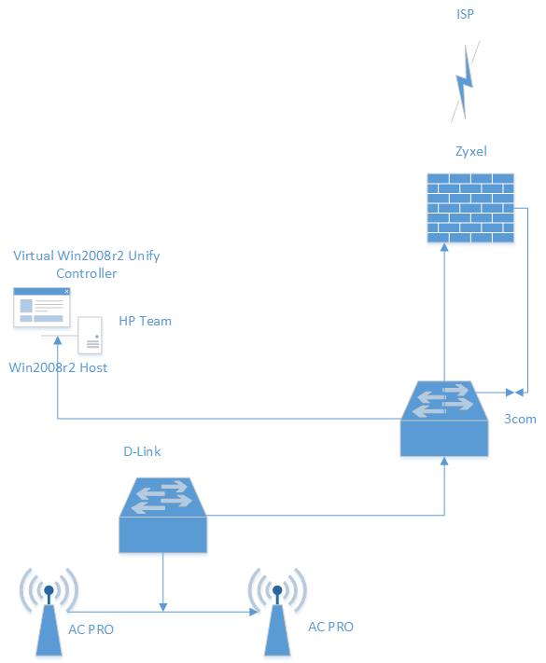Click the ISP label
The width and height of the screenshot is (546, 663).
pyautogui.click(x=465, y=14)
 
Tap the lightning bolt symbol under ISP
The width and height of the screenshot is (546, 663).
pyautogui.click(x=465, y=82)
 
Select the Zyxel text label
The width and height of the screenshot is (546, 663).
pyautogui.click(x=471, y=151)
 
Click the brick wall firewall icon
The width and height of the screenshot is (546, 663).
pyautogui.click(x=470, y=208)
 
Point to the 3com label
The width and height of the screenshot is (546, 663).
pyautogui.click(x=520, y=419)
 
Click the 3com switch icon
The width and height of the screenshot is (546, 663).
pyautogui.click(x=444, y=419)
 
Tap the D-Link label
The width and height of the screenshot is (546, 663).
pyautogui.click(x=142, y=451)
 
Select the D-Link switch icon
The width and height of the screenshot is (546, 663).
pyautogui.click(x=163, y=515)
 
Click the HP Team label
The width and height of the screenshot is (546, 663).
pyautogui.click(x=146, y=321)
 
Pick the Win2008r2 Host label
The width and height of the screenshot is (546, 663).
pyautogui.click(x=58, y=367)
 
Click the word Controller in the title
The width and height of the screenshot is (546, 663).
pyautogui.click(x=87, y=273)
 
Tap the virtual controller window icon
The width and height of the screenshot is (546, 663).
pyautogui.click(x=41, y=308)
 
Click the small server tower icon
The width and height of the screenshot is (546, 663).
pyautogui.click(x=91, y=335)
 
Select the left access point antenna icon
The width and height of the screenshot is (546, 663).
pyautogui.click(x=49, y=612)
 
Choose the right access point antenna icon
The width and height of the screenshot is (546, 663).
pyautogui.click(x=277, y=612)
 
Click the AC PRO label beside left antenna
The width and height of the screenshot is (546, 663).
pyautogui.click(x=91, y=629)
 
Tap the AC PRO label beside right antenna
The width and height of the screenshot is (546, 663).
pyautogui.click(x=330, y=627)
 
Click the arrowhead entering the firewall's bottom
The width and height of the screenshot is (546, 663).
pyautogui.click(x=444, y=247)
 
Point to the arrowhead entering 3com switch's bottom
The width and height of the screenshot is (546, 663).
pyautogui.click(x=444, y=461)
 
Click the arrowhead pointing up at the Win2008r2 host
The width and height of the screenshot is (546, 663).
pyautogui.click(x=58, y=340)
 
